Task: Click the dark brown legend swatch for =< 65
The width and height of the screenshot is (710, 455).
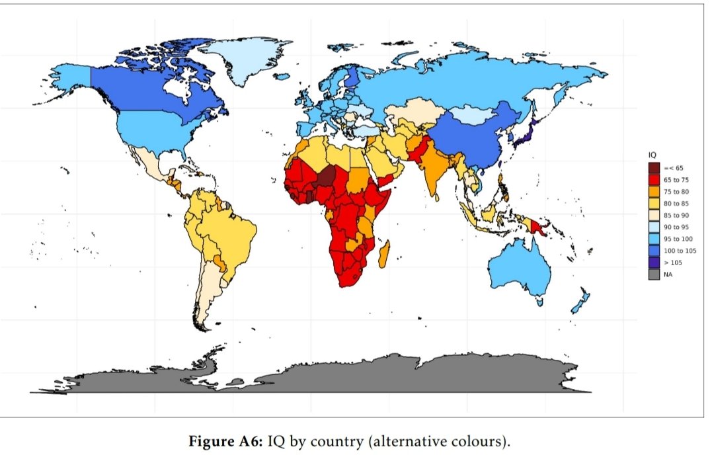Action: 653,167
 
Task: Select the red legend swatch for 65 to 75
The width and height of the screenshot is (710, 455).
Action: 653,179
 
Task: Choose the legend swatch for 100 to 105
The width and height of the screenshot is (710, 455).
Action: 653,251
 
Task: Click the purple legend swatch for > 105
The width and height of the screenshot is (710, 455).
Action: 653,263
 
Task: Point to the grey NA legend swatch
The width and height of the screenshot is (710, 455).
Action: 653,274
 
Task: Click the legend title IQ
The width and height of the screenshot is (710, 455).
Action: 651,154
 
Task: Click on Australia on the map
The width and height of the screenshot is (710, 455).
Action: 519,268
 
